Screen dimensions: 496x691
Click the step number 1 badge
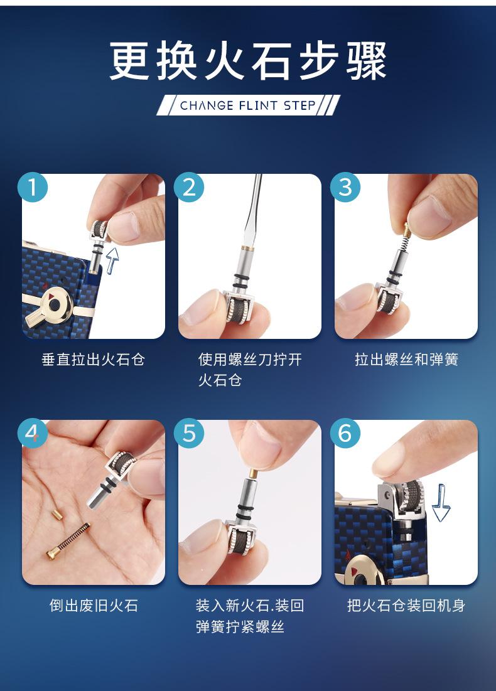pos(33,187)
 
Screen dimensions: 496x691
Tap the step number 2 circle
pos(189,187)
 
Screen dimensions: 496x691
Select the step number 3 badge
pos(345,187)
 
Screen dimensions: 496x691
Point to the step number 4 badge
pos(33,433)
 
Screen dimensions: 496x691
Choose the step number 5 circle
pos(189,433)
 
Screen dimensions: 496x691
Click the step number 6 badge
pos(345,433)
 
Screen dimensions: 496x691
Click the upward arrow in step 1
pos(112,260)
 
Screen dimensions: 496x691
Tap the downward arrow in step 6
pos(441,503)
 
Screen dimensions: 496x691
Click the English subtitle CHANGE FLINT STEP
pos(248,106)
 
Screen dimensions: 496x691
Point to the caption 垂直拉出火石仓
pos(94,360)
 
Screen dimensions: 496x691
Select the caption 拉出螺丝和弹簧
pos(406,360)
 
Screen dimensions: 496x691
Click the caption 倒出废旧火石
pos(94,606)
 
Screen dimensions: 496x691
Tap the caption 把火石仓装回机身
pos(406,606)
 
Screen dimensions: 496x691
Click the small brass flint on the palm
pos(55,514)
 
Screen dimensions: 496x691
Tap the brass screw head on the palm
pos(53,553)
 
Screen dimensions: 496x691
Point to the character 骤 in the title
pos(367,61)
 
